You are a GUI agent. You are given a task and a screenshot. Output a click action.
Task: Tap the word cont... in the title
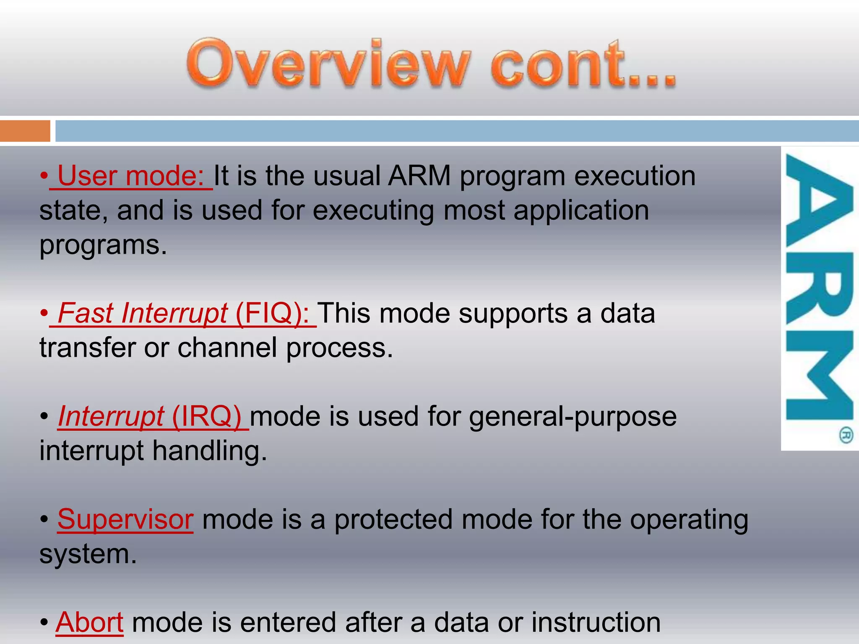pyautogui.click(x=583, y=64)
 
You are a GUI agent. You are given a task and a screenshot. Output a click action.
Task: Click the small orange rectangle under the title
pyautogui.click(x=25, y=131)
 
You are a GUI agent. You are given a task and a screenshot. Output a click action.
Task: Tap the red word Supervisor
pyautogui.click(x=125, y=519)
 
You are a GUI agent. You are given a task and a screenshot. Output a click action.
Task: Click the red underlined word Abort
pyautogui.click(x=90, y=622)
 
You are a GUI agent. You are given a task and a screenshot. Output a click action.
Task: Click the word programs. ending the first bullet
pyautogui.click(x=103, y=245)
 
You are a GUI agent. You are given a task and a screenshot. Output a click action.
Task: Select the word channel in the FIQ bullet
pyautogui.click(x=227, y=348)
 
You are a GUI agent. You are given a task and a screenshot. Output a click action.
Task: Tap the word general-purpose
pyautogui.click(x=573, y=417)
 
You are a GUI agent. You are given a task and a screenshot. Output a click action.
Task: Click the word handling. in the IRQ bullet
pyautogui.click(x=209, y=451)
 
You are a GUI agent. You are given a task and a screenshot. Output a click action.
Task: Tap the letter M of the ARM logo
pyautogui.click(x=819, y=375)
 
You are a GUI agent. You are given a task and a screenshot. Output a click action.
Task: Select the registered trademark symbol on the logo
pyautogui.click(x=846, y=435)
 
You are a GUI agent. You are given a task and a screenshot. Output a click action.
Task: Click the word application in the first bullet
pyautogui.click(x=581, y=210)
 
